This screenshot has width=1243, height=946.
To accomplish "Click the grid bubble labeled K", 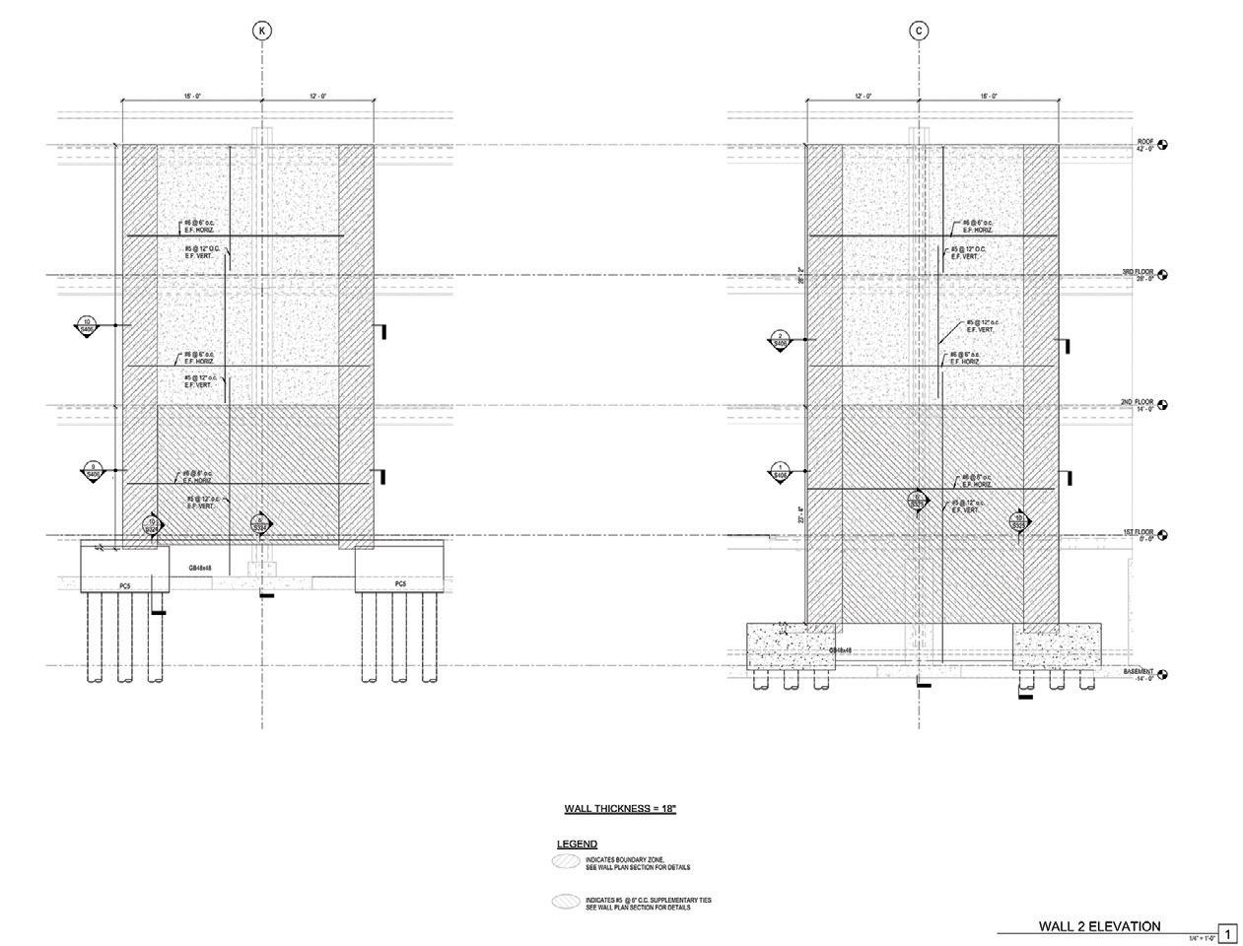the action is (262, 32).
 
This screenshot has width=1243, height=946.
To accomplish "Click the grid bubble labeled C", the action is (920, 32).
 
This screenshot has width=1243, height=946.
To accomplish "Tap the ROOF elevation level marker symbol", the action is (1163, 145).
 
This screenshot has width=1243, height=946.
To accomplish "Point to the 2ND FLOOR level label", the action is (1137, 403).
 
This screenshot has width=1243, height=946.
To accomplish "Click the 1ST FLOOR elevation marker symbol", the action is (1163, 536).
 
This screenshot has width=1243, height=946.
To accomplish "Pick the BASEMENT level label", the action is (1138, 673).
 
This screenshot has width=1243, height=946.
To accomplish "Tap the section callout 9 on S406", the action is (93, 471).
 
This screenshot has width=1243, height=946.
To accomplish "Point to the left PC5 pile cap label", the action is (125, 585).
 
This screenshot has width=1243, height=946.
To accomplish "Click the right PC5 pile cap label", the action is (400, 585).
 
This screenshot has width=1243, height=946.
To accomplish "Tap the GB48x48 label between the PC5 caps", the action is (200, 568).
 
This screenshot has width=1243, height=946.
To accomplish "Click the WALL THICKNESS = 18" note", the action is (620, 809).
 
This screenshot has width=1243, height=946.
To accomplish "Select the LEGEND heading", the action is (577, 845).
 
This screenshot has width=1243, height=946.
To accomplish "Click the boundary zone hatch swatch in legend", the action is (566, 861).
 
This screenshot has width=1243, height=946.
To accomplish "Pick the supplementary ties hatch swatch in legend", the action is (566, 902).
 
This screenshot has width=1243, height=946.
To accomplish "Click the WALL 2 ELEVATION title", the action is (1099, 926).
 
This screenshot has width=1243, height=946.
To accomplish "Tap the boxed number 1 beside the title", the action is (1228, 932).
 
